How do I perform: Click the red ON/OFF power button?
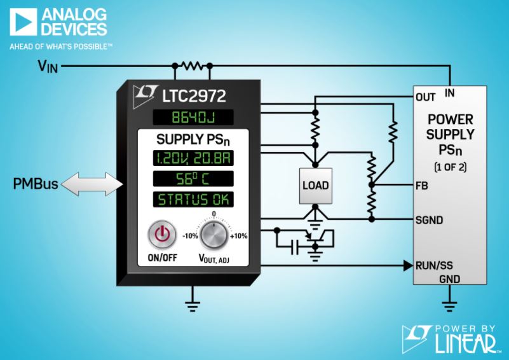click(162, 235)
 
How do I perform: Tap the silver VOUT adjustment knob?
click(214, 235)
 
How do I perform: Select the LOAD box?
click(316, 186)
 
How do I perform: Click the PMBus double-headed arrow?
click(92, 184)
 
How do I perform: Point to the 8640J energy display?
click(193, 117)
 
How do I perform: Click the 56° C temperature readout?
click(193, 179)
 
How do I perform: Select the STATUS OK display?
click(193, 199)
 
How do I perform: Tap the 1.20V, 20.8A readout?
click(193, 158)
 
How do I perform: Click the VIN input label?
click(48, 66)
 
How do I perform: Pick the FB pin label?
click(422, 186)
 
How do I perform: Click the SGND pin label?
click(429, 220)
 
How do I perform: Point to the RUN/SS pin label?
click(434, 265)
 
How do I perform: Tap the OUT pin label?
click(425, 97)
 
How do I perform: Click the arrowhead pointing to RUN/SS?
click(409, 265)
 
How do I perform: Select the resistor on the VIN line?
click(193, 66)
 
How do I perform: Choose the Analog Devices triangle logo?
click(23, 22)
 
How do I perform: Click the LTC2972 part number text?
click(194, 96)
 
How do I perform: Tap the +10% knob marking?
click(238, 236)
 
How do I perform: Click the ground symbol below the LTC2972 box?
click(193, 306)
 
